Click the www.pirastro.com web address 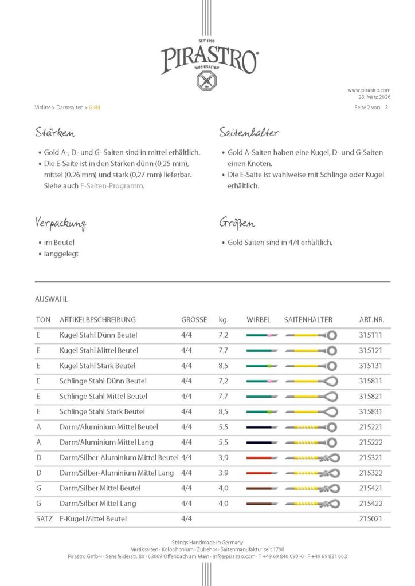[x=369, y=90]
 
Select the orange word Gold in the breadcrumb [x=94, y=107]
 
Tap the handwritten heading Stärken [x=55, y=133]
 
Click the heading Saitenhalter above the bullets [x=249, y=133]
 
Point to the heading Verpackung [x=60, y=223]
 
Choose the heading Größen [x=237, y=223]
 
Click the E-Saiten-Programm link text [x=112, y=186]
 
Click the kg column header [x=222, y=319]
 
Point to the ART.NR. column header [x=371, y=319]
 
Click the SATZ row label [x=44, y=518]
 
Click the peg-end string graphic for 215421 [x=262, y=488]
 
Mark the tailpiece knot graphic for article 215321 [x=331, y=458]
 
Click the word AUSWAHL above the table [x=52, y=299]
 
